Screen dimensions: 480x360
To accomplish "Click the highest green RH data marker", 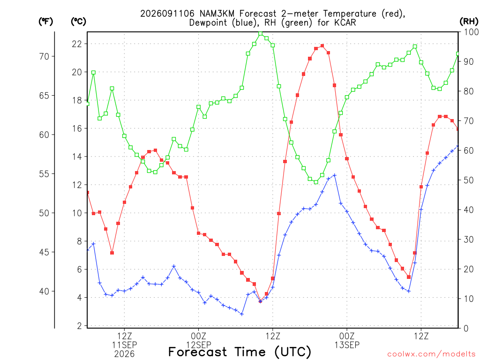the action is [x=261, y=34].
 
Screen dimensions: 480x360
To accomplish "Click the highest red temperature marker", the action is [x=322, y=46].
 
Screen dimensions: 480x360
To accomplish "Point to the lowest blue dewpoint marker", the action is [x=242, y=314].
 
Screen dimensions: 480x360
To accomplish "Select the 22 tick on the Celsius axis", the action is [x=77, y=44].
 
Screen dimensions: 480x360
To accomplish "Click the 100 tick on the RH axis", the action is [x=471, y=32].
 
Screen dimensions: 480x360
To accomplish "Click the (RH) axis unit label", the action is [x=469, y=21].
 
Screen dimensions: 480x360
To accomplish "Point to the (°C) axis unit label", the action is [x=78, y=21].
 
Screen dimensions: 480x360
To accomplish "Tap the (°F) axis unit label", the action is [x=45, y=21].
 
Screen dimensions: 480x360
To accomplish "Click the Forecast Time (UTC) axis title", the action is [x=240, y=352].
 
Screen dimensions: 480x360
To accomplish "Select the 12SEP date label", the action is [x=199, y=345].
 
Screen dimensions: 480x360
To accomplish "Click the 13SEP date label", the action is [x=347, y=345].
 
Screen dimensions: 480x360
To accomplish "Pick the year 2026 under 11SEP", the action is [x=124, y=354].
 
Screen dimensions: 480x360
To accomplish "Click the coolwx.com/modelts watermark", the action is [x=431, y=354].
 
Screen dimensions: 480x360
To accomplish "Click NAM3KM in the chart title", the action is [x=217, y=14].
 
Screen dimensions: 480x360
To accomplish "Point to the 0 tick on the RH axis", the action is [x=466, y=329].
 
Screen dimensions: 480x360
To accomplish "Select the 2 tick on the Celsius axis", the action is [x=80, y=326].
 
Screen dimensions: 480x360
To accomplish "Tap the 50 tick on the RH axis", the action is [x=469, y=180].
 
